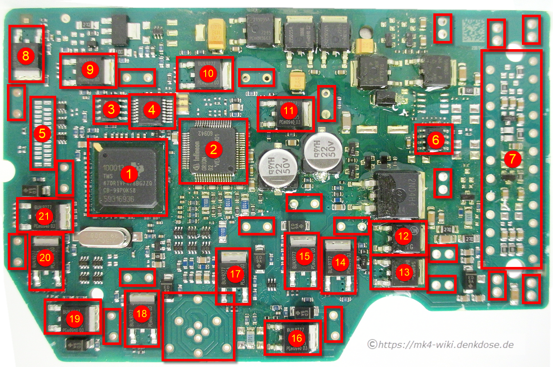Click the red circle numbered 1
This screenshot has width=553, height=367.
pos(128,174)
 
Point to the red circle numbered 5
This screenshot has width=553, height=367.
pos(42,134)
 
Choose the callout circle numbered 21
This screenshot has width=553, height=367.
pos(45,216)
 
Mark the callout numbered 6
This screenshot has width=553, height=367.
pos(435,140)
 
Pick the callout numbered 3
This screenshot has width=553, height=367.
pos(111,110)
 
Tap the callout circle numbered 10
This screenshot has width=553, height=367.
pos(208,73)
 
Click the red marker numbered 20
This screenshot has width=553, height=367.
pos(45,257)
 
